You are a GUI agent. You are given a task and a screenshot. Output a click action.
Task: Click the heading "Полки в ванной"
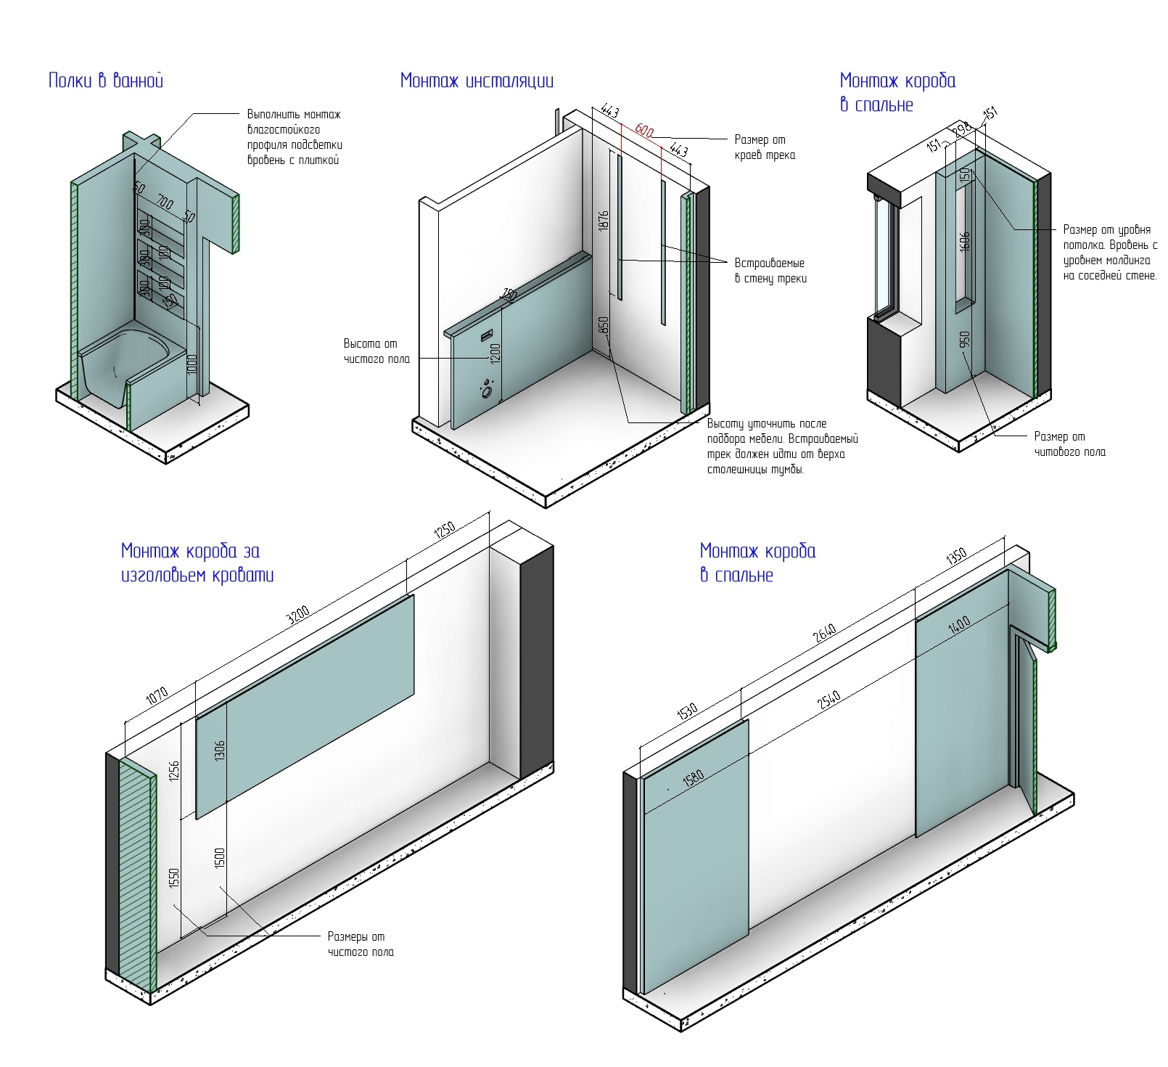(x=106, y=81)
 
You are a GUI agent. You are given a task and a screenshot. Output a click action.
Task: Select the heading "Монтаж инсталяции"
(x=477, y=81)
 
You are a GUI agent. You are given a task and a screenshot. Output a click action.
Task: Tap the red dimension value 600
(x=644, y=131)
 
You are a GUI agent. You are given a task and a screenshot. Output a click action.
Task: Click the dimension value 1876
(x=604, y=221)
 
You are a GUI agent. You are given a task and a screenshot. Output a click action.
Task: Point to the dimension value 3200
(x=298, y=614)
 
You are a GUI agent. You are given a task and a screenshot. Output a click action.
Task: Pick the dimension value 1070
(x=157, y=696)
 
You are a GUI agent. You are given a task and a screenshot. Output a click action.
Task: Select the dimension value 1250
(x=445, y=530)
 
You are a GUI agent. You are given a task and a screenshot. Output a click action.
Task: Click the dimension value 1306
(x=221, y=751)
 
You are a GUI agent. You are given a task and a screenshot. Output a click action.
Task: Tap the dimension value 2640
(x=825, y=633)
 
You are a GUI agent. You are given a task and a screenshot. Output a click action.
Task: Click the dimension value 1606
(x=965, y=242)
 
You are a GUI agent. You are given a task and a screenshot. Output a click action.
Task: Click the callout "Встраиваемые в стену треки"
(x=770, y=271)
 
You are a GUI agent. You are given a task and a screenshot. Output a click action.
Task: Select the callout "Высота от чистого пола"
(x=377, y=351)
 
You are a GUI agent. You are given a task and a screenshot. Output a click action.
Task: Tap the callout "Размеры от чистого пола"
(x=360, y=944)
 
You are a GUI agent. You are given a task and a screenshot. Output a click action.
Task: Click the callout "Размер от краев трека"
(x=765, y=147)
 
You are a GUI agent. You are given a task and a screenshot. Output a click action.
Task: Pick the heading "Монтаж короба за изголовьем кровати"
(x=197, y=563)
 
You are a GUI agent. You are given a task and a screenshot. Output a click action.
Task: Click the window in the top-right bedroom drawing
(x=886, y=261)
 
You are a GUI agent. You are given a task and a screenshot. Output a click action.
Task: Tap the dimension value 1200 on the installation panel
(x=496, y=353)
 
